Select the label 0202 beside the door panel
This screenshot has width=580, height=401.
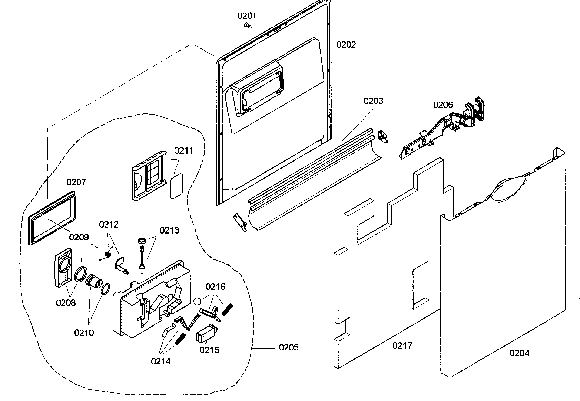point(346,45)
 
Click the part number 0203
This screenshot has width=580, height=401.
point(373,101)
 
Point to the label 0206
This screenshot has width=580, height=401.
point(443,105)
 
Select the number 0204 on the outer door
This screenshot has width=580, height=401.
point(519,353)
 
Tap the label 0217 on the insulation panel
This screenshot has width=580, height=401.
point(402,346)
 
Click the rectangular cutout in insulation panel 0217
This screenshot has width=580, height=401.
point(421,285)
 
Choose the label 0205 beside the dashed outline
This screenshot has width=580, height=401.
point(289,347)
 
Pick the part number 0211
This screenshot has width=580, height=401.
point(184,151)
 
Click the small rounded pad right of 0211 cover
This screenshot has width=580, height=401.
point(177,186)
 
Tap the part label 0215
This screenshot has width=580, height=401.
point(209,350)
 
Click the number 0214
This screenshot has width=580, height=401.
point(160,361)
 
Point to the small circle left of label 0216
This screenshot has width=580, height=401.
point(198,301)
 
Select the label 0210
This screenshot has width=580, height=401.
point(84,333)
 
